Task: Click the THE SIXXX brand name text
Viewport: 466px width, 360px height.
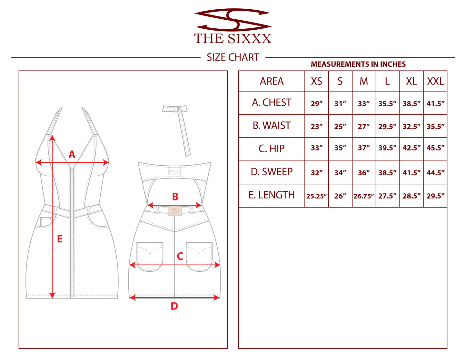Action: click(233, 39)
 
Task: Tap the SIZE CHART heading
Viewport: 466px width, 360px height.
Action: click(233, 57)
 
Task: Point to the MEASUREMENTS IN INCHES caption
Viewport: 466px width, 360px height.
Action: click(358, 64)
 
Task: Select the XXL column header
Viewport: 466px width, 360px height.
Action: click(435, 81)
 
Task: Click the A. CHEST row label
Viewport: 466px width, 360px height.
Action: click(272, 102)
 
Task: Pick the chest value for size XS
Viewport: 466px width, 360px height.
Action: click(317, 104)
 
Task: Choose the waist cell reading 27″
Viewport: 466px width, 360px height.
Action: click(363, 126)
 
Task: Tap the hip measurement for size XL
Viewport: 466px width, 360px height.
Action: click(411, 148)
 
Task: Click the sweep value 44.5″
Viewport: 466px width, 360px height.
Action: click(435, 173)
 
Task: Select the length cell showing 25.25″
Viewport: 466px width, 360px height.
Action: click(316, 196)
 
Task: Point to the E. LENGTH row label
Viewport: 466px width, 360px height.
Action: click(272, 195)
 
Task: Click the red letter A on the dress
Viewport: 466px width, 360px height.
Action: click(72, 154)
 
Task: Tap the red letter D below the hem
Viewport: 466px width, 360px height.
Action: click(174, 306)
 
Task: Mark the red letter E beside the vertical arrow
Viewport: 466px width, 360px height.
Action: click(60, 239)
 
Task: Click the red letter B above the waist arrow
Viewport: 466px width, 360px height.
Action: click(175, 197)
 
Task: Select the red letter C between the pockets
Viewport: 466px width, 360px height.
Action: click(180, 256)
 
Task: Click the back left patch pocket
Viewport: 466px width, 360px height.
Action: click(150, 257)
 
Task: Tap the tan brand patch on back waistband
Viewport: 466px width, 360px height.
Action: click(175, 211)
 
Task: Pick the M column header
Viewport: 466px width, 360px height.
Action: click(364, 81)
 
